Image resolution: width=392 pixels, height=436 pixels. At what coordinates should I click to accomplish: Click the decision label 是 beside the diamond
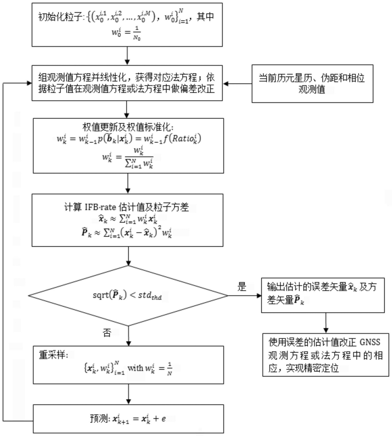click(242, 286)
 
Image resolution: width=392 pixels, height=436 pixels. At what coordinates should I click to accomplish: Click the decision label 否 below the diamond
click(107, 332)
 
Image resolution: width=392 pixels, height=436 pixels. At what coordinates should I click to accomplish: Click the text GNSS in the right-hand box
click(370, 342)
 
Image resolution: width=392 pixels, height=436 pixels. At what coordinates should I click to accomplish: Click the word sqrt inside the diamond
click(100, 295)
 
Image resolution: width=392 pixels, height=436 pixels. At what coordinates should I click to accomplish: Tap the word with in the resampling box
click(135, 368)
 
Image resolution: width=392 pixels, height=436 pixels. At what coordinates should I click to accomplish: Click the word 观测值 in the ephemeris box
click(311, 89)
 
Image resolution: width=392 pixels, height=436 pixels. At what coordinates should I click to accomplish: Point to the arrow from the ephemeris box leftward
click(237, 83)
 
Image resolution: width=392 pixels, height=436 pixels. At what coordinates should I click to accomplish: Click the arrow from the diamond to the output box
click(245, 295)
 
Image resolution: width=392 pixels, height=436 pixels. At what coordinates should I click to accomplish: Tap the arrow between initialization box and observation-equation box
click(127, 56)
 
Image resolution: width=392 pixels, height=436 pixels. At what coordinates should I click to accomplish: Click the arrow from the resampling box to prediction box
click(128, 394)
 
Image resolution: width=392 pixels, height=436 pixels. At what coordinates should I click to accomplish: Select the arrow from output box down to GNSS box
click(326, 323)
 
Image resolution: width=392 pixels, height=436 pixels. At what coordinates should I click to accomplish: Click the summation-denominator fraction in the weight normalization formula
click(139, 157)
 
